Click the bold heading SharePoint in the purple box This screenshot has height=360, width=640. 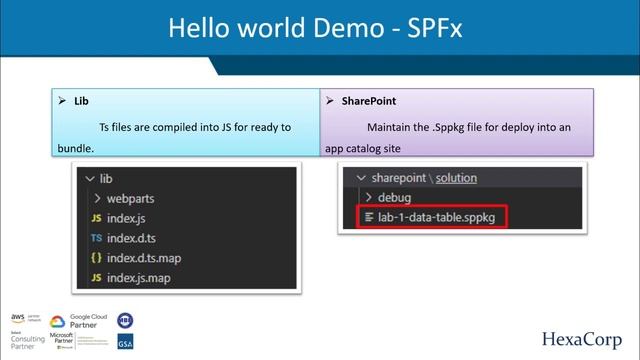pyautogui.click(x=369, y=101)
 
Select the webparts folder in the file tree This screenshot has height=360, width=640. pyautogui.click(x=130, y=198)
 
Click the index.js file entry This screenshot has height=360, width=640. pyautogui.click(x=128, y=218)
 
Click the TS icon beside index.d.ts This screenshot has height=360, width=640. pyautogui.click(x=96, y=238)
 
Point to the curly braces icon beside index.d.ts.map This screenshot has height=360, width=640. pyautogui.click(x=96, y=258)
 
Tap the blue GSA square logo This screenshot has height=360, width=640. pyautogui.click(x=125, y=342)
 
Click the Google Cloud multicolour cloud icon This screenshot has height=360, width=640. pyautogui.click(x=57, y=322)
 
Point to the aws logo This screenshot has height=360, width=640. pyautogui.click(x=18, y=317)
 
